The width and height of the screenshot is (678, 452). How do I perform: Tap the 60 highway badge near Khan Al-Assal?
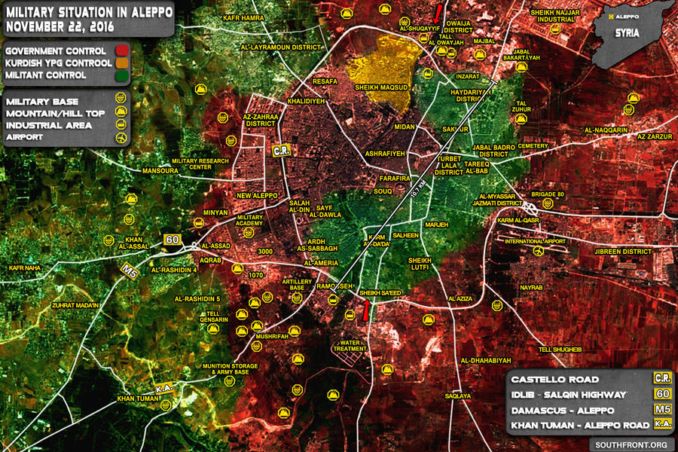click(x=173, y=240)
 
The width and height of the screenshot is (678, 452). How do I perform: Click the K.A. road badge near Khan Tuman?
click(x=164, y=388)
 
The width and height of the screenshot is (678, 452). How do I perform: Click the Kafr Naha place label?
click(x=25, y=267)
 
